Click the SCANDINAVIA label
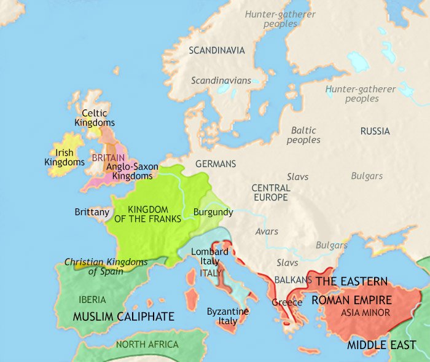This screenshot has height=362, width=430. coord(217,50)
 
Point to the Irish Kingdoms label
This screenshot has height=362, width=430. coord(64,157)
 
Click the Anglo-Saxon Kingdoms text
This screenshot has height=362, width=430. coord(133,171)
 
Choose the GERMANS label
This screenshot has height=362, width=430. coord(215,164)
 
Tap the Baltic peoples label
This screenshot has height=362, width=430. coord(303,135)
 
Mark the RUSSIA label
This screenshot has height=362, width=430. coord(375,131)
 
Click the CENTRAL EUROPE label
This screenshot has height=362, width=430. coord(270,192)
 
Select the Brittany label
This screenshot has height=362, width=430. coord(92,211)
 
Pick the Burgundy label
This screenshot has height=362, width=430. coord(213,212)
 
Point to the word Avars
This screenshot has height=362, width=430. coord(267,232)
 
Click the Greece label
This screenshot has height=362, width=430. coord(287,302)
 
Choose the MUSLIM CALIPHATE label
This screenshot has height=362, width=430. coord(123,317)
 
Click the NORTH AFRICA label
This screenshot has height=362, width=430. coord(147,344)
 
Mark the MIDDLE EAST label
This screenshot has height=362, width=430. coord(381,345)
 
